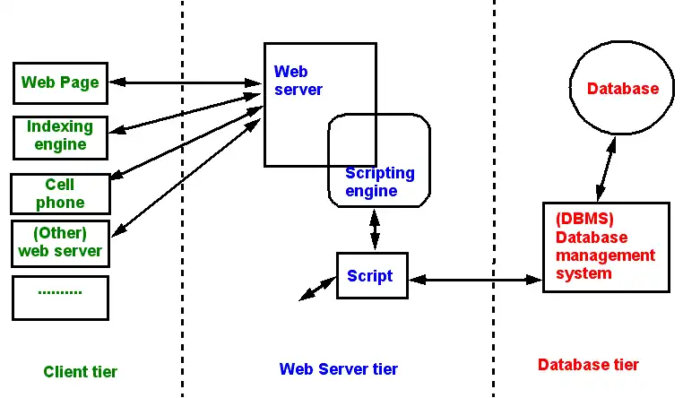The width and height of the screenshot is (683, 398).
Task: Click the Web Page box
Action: [60, 82]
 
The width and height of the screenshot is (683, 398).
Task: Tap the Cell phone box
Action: [60, 194]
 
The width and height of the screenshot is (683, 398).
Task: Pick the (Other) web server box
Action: [60, 243]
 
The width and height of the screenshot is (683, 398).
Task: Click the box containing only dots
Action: [60, 298]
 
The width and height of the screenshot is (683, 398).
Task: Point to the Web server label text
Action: [298, 81]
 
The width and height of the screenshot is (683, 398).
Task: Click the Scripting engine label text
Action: [379, 182]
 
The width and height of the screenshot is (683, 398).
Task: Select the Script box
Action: [370, 276]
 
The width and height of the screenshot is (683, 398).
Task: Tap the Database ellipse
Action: [622, 89]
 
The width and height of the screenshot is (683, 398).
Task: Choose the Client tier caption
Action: [80, 372]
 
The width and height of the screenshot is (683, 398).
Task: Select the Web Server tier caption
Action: [339, 369]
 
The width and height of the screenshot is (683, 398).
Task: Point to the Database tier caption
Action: [588, 365]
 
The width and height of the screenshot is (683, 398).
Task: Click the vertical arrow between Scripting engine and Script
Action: [375, 229]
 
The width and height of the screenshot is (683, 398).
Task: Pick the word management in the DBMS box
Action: [605, 255]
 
